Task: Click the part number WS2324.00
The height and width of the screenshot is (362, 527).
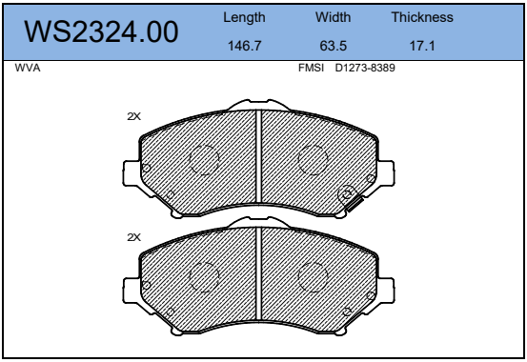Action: [101, 32]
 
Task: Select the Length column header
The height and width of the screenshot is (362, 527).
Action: [244, 17]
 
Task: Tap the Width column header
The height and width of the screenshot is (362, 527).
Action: [334, 17]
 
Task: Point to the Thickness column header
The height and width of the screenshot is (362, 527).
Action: [422, 17]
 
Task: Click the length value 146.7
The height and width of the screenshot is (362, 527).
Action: [244, 46]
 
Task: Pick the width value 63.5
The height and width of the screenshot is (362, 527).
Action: [334, 46]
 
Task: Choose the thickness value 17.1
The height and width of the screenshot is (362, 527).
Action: [422, 46]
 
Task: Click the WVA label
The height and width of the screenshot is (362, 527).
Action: [28, 68]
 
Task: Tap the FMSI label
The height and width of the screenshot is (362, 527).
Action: [311, 68]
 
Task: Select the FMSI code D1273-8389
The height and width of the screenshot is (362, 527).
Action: [365, 68]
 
